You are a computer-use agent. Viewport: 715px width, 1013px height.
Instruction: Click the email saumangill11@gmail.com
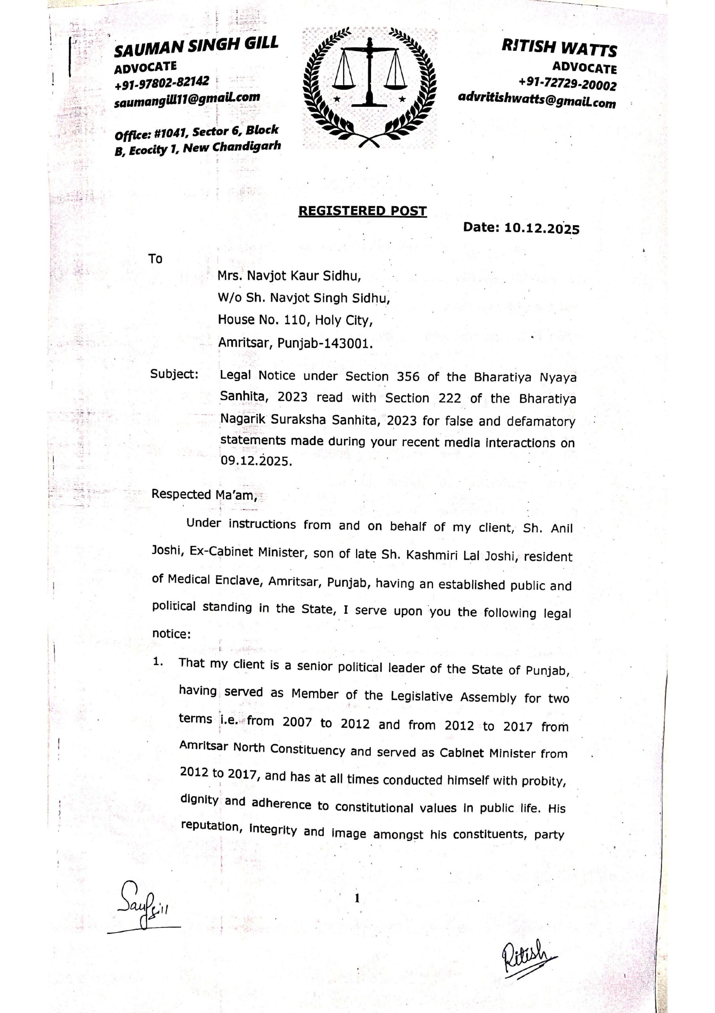click(187, 99)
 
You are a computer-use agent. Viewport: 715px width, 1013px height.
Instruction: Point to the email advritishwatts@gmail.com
click(536, 99)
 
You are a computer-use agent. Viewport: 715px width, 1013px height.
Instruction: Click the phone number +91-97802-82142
click(161, 83)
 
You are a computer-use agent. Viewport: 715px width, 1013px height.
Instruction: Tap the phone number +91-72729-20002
click(567, 83)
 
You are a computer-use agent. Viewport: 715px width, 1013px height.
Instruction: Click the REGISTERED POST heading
click(362, 211)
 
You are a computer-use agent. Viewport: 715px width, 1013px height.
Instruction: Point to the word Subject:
click(174, 374)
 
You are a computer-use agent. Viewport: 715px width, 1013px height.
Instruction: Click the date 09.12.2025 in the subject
click(256, 461)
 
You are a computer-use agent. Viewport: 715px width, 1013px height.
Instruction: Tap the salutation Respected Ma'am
click(204, 494)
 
